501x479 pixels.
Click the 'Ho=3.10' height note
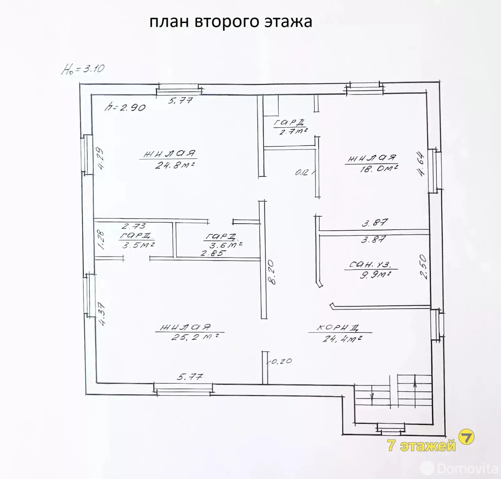click(x=83, y=69)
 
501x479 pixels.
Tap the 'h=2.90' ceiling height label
click(x=125, y=107)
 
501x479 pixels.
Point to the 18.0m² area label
click(x=379, y=169)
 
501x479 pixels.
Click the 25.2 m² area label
click(x=194, y=337)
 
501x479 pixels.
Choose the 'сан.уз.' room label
click(x=370, y=265)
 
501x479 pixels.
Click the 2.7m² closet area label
click(x=293, y=131)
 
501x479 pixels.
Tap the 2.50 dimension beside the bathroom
click(x=423, y=267)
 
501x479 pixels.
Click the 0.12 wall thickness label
click(x=302, y=172)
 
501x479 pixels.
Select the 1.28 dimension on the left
click(x=101, y=240)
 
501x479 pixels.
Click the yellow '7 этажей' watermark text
click(x=421, y=445)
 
